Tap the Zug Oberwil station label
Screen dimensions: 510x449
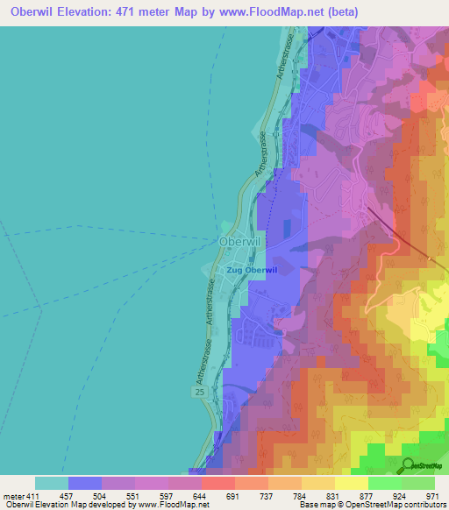pyautogui.click(x=252, y=270)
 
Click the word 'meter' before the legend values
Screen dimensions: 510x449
pyautogui.click(x=13, y=497)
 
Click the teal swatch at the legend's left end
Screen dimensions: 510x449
pyautogui.click(x=52, y=483)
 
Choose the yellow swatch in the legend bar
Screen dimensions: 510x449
pyautogui.click(x=352, y=483)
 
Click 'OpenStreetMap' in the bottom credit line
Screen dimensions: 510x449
pyautogui.click(x=383, y=505)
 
